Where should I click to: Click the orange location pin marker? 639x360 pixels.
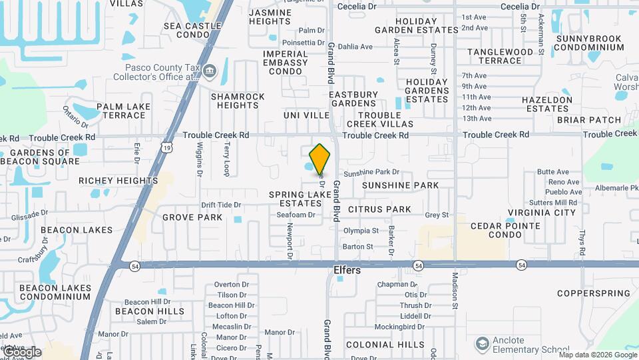(x=320, y=159)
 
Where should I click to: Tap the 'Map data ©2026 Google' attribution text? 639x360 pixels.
(x=597, y=355)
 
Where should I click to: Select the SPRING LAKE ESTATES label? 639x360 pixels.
(x=300, y=199)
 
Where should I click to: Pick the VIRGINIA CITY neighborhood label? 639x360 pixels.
(x=541, y=213)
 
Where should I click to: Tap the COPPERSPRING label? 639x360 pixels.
(x=593, y=293)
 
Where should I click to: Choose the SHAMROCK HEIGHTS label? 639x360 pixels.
(x=238, y=101)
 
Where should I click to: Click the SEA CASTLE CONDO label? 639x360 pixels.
(x=192, y=30)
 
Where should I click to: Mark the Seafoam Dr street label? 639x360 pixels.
(x=296, y=215)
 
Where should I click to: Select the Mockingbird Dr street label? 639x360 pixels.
(x=399, y=327)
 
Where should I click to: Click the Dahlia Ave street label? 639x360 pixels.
(x=355, y=47)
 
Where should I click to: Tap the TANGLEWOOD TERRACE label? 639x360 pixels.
(x=500, y=56)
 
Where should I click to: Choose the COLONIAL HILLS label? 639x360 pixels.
(x=385, y=345)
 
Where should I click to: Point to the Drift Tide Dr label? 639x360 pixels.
(x=221, y=205)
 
